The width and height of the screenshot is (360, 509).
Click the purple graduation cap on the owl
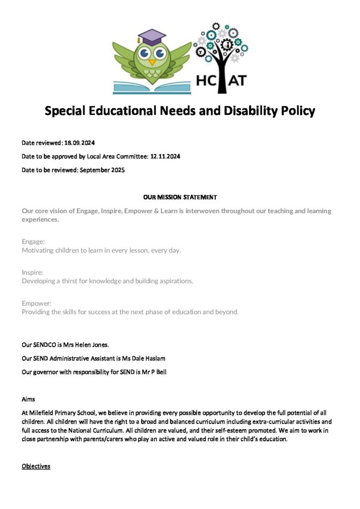tap(152, 37)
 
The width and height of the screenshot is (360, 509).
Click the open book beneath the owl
tap(152, 87)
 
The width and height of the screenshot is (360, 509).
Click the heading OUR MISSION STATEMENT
tap(180, 197)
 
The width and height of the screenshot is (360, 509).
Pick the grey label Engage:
tap(33, 241)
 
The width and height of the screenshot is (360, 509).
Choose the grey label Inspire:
tap(33, 272)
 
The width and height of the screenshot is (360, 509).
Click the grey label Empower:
tap(37, 303)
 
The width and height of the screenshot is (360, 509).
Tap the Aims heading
tap(28, 400)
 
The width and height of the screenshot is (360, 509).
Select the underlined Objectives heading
tap(36, 466)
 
